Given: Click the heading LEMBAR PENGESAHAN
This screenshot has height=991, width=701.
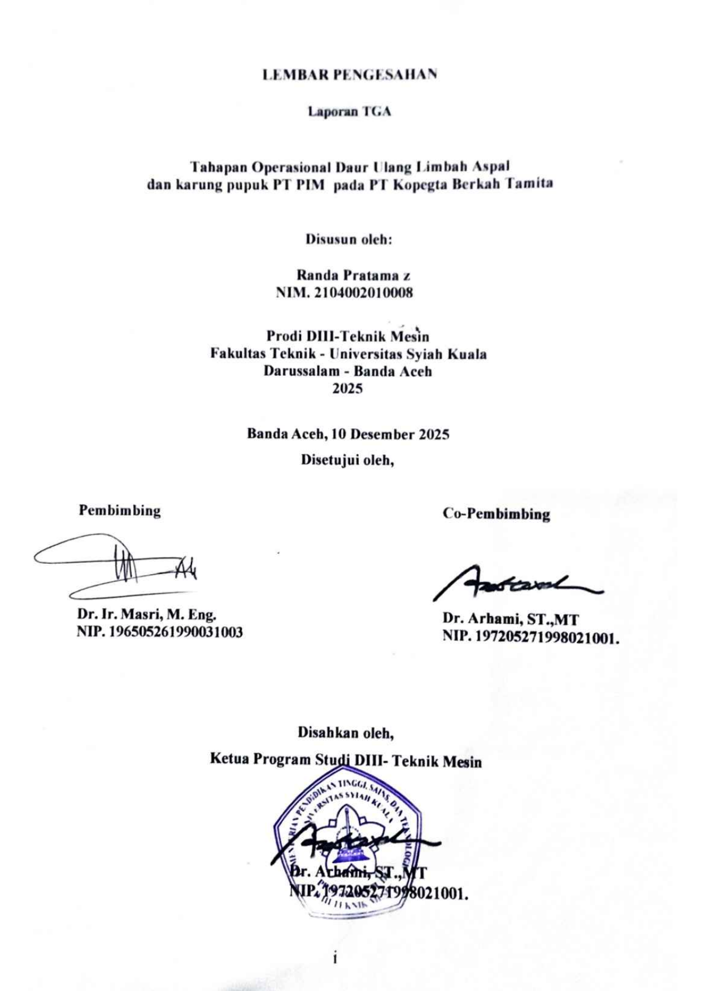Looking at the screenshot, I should pyautogui.click(x=350, y=75).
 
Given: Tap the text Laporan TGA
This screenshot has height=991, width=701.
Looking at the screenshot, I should pyautogui.click(x=349, y=111).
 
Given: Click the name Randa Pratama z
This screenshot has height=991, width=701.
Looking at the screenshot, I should pyautogui.click(x=353, y=275).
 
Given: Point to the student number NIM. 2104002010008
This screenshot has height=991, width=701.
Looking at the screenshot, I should pyautogui.click(x=344, y=293).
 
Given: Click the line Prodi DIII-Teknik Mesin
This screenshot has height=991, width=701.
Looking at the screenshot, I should pyautogui.click(x=347, y=336).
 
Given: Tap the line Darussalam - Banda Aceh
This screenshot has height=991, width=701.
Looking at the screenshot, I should pyautogui.click(x=347, y=371).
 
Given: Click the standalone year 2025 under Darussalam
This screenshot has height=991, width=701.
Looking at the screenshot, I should pyautogui.click(x=347, y=389).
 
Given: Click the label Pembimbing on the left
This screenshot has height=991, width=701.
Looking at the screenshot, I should pyautogui.click(x=120, y=511).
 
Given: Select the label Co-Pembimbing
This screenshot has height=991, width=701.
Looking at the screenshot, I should pyautogui.click(x=496, y=514).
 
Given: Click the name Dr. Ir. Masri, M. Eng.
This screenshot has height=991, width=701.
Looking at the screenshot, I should pyautogui.click(x=147, y=614).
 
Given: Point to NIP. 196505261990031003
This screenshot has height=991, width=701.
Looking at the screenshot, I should pyautogui.click(x=160, y=632).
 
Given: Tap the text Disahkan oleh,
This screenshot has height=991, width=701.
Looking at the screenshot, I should pyautogui.click(x=346, y=733).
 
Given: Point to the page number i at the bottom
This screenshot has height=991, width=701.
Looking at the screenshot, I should pyautogui.click(x=336, y=958).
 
